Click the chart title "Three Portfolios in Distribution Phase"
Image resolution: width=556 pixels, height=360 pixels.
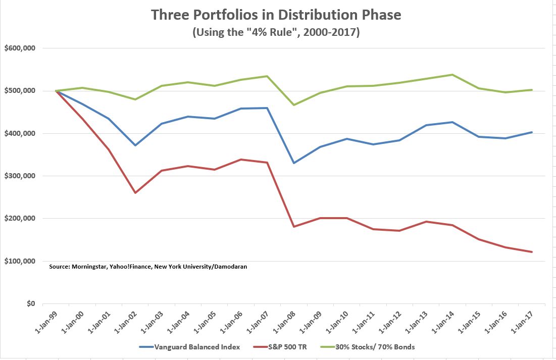coord(276,15)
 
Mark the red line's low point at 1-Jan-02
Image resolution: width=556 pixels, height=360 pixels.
coord(135,192)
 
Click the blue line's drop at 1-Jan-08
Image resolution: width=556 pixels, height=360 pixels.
coord(294,163)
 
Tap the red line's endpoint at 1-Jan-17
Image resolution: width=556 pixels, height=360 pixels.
coord(531,252)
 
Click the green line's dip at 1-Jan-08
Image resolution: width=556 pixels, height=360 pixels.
coord(294,105)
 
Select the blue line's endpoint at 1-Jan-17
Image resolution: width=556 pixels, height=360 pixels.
coord(531,132)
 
